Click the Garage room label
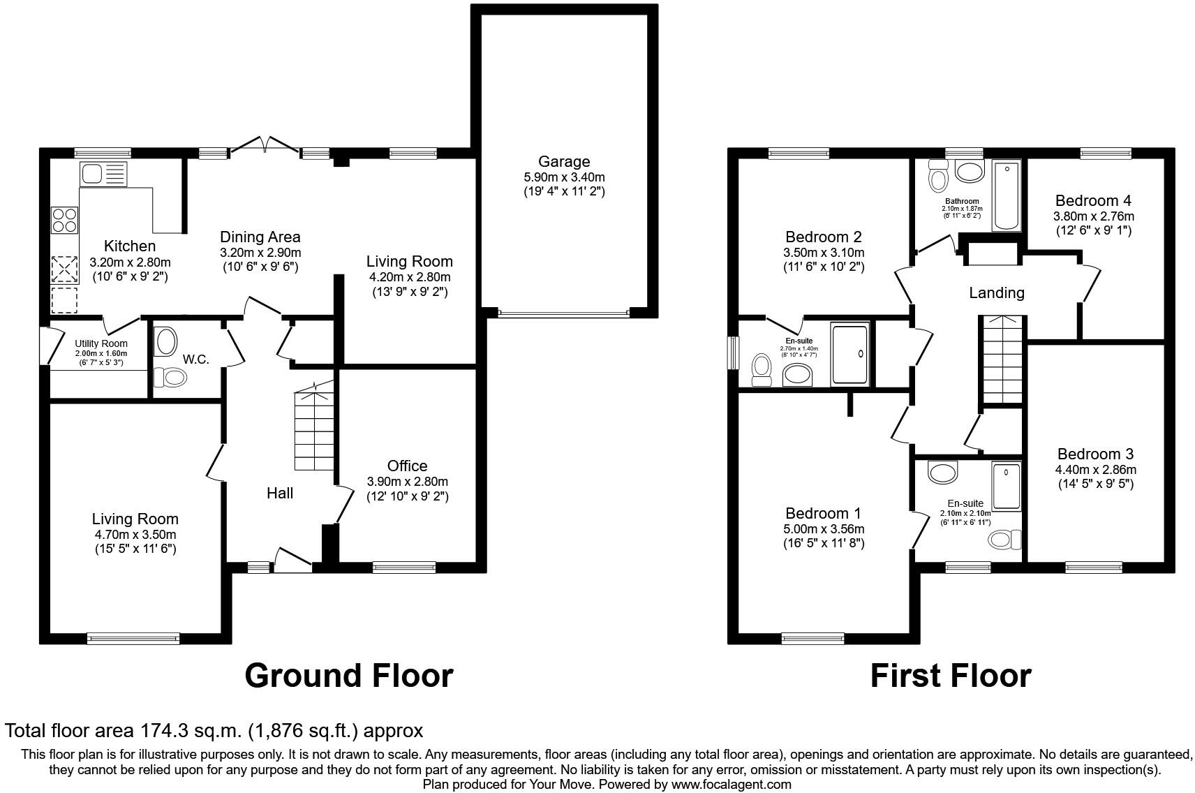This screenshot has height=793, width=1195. pyautogui.click(x=563, y=162)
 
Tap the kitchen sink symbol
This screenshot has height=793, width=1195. pyautogui.click(x=104, y=173)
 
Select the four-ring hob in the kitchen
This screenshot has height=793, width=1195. pyautogui.click(x=64, y=220)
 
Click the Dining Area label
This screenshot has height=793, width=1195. pyautogui.click(x=260, y=237)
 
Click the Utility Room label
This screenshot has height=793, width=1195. pyautogui.click(x=101, y=343)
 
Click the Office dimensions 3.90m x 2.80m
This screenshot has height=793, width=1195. pyautogui.click(x=407, y=482)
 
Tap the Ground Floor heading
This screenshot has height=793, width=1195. pyautogui.click(x=349, y=676)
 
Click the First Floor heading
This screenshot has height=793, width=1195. pyautogui.click(x=951, y=676)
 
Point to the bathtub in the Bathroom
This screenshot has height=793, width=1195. pyautogui.click(x=1006, y=195)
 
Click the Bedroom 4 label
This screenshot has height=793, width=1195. pyautogui.click(x=1093, y=200)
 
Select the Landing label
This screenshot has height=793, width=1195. pyautogui.click(x=996, y=293)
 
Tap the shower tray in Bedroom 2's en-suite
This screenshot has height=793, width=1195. pyautogui.click(x=849, y=353)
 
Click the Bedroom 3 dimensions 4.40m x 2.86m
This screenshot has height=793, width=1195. pyautogui.click(x=1094, y=470)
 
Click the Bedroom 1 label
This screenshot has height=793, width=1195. pyautogui.click(x=823, y=513)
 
